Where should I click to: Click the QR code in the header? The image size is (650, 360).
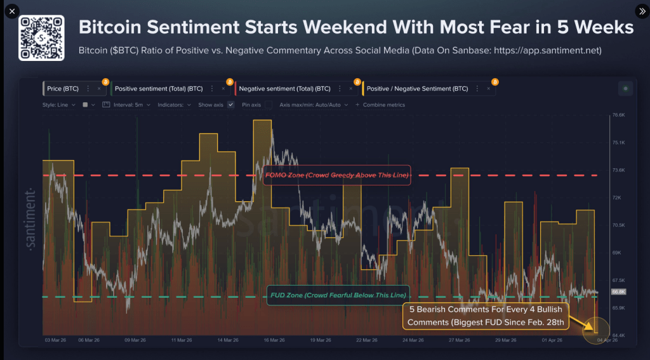41,38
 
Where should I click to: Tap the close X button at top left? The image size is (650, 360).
11,11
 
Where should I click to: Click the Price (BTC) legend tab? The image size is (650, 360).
63,89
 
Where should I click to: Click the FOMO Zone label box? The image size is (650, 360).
336,175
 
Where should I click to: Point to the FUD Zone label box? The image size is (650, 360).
337,296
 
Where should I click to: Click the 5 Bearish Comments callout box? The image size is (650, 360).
486,316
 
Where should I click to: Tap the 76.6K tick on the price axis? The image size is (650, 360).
618,116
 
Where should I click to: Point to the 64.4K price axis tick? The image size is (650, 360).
618,335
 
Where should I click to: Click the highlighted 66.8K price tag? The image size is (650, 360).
618,292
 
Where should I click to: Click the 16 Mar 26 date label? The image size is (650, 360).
274,340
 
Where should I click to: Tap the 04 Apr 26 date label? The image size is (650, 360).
606,340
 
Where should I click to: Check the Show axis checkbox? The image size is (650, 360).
230,105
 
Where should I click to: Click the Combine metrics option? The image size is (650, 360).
383,105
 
